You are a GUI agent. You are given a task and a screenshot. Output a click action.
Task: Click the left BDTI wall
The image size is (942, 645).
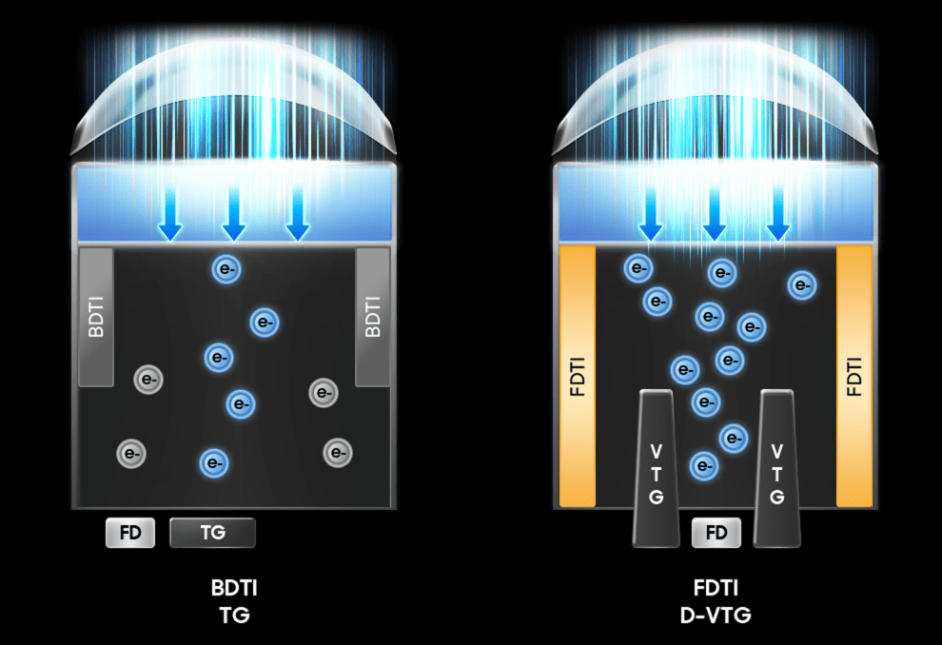(96, 317)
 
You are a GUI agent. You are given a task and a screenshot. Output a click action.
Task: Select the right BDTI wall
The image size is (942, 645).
(373, 317)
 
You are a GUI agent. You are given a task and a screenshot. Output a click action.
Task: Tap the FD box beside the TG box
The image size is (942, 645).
(130, 533)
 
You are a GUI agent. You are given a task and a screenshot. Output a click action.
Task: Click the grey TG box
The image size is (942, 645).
(213, 533)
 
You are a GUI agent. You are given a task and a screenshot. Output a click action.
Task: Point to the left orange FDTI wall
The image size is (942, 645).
(578, 377)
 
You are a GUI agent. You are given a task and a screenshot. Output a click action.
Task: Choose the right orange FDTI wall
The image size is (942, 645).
(854, 377)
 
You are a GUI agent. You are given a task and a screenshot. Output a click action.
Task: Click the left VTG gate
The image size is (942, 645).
(656, 468)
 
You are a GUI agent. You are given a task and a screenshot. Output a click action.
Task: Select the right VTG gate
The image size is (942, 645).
(776, 468)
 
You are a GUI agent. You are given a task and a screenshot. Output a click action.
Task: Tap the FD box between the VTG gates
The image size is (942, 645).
(716, 533)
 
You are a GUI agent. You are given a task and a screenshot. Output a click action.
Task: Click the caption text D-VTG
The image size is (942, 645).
(716, 615)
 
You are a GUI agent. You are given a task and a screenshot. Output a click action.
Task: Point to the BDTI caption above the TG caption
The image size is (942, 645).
(234, 588)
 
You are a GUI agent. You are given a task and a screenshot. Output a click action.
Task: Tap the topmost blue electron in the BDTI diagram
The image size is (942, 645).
(226, 269)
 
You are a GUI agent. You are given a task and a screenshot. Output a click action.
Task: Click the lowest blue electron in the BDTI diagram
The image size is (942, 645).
(214, 463)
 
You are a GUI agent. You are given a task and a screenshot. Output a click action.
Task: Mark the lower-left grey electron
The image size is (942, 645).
(131, 454)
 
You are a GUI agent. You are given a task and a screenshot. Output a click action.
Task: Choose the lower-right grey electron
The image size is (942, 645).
(338, 452)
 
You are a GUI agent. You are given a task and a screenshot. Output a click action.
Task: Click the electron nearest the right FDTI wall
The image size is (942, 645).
(802, 285)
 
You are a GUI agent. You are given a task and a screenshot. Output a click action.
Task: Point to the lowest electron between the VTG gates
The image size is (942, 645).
(704, 466)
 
